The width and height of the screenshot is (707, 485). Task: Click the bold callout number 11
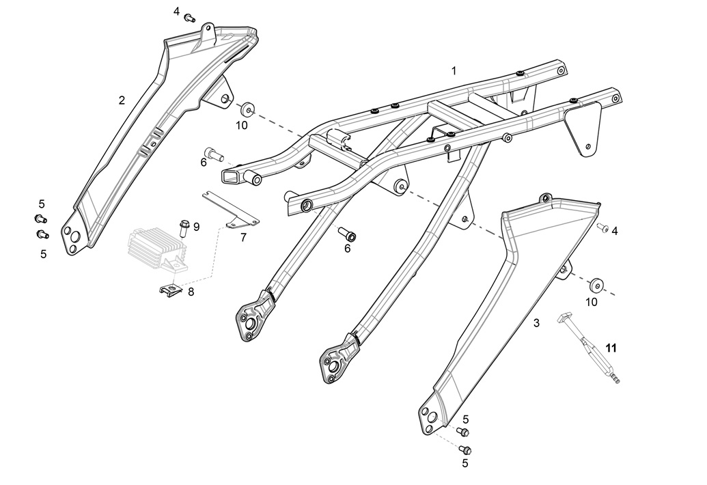611,348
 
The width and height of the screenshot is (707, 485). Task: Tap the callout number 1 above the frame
454,71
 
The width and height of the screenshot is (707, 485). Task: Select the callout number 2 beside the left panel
122,100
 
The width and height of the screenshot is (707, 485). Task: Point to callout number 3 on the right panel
536,322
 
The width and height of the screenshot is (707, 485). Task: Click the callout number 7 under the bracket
243,237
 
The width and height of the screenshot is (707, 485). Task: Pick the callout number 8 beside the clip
191,292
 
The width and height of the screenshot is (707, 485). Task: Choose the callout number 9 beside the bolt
196,227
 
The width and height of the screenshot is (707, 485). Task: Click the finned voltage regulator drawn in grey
157,249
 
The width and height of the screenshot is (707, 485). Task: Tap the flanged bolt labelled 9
184,228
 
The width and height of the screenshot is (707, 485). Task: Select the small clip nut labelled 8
171,288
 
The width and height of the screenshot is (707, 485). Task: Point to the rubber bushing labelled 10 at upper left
247,109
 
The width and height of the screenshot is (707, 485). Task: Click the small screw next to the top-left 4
190,18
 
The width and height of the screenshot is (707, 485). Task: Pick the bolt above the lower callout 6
347,234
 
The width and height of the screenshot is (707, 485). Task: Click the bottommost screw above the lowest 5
465,449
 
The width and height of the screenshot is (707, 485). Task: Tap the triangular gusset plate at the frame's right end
583,128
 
